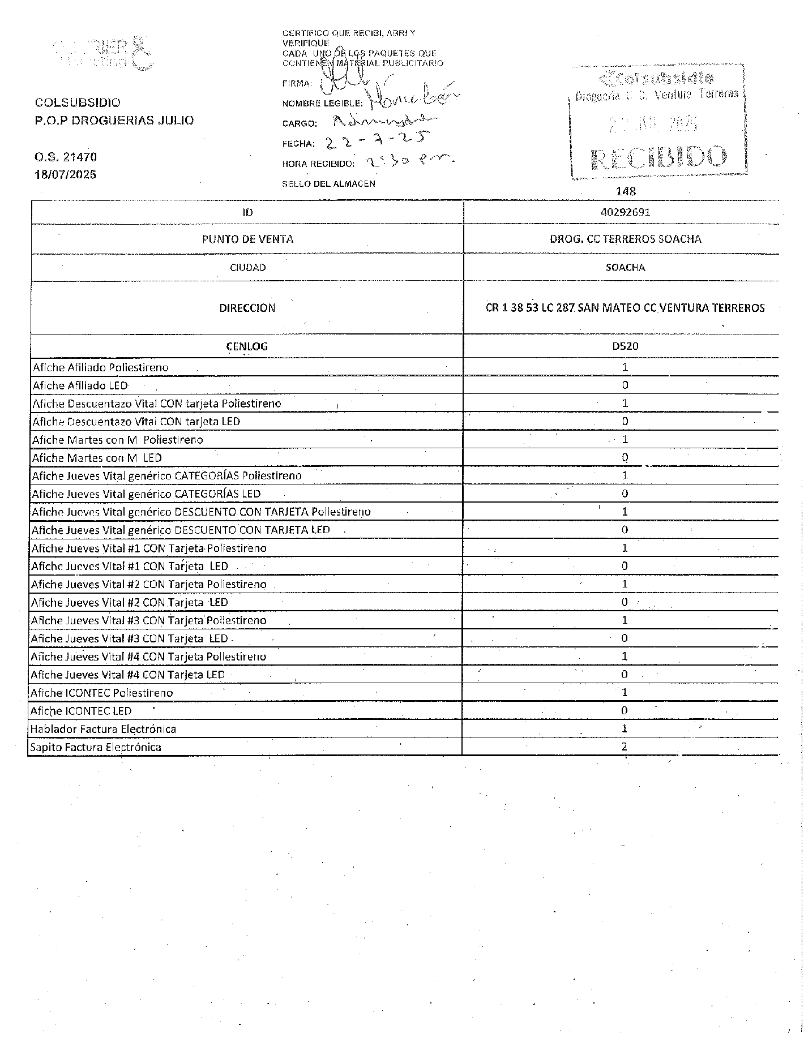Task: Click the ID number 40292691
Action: [625, 212]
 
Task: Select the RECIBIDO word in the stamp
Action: [658, 158]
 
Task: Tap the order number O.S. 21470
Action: [66, 157]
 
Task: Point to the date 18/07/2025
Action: [66, 174]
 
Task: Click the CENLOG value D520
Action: [625, 346]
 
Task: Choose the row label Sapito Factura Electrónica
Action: [96, 747]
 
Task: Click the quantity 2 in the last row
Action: [625, 747]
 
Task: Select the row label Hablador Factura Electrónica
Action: [103, 729]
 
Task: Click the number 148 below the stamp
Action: [626, 191]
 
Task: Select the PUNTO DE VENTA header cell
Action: [247, 239]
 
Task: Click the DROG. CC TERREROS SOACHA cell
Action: [625, 239]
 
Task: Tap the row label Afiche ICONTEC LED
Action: [81, 711]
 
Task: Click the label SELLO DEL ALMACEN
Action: [328, 184]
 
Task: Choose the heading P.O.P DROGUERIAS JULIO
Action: [114, 120]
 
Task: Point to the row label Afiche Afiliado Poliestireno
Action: [101, 367]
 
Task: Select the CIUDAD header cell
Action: [247, 267]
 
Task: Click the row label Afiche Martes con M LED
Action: [97, 457]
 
